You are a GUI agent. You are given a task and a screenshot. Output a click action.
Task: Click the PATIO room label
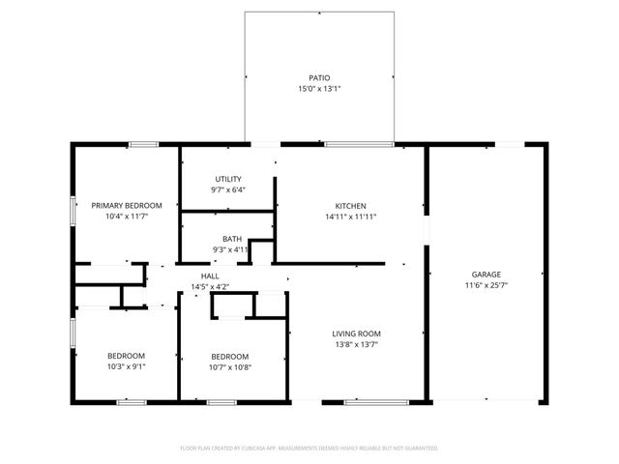319,77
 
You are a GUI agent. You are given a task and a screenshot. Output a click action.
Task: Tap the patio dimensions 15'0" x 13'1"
319,89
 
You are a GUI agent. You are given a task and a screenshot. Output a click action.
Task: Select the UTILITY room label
228,179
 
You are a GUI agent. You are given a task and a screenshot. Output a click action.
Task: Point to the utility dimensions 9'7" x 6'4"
228,190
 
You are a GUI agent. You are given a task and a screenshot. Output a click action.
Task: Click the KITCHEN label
350,206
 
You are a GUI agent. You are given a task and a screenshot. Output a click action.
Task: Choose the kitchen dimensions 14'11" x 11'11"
350,217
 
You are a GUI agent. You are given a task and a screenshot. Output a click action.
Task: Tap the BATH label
231,239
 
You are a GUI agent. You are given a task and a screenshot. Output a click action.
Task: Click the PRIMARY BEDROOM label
127,205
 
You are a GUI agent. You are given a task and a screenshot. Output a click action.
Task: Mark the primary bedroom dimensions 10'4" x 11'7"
127,217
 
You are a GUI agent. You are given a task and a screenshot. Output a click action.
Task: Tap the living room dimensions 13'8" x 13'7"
356,344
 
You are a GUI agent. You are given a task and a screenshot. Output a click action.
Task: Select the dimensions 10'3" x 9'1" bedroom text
127,367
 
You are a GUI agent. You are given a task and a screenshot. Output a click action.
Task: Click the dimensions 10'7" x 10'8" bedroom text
230,367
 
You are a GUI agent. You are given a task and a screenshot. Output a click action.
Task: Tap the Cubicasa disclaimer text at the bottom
309,449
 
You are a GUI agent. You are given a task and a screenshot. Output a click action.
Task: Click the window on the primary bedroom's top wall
144,145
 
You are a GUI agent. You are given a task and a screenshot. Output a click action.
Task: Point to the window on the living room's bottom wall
361,400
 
